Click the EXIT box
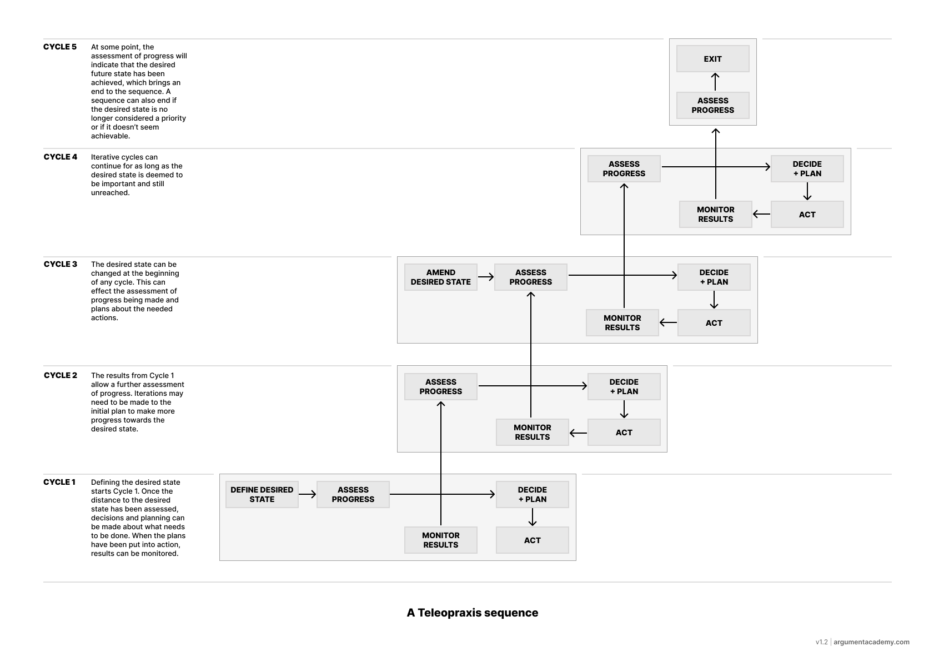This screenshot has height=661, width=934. (712, 59)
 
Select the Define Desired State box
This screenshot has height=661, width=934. (262, 494)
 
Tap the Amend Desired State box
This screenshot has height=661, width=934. (440, 277)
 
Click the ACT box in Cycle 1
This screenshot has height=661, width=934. (532, 540)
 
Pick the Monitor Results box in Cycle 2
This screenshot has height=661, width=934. (532, 432)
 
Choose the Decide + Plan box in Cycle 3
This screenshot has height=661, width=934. (714, 277)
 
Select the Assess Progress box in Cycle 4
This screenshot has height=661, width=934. (624, 168)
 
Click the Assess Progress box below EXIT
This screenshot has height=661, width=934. (712, 105)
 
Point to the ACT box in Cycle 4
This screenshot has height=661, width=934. (807, 214)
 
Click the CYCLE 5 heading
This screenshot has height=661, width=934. (60, 47)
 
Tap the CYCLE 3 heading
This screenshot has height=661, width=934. (60, 264)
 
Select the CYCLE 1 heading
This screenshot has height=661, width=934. (59, 482)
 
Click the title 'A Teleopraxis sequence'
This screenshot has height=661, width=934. (472, 613)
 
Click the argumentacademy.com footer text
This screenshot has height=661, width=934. (871, 642)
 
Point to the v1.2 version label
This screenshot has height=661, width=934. (821, 642)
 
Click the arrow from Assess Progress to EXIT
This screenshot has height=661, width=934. (715, 82)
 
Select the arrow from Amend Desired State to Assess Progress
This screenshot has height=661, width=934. (485, 277)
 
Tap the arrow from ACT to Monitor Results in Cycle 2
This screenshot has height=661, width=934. (578, 433)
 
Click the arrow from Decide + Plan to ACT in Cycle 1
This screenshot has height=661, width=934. (533, 517)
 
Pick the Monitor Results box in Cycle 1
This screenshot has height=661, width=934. (440, 540)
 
